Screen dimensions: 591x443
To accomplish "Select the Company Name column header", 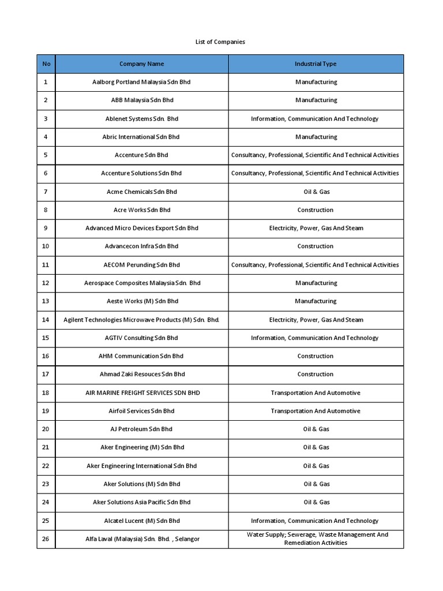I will pyautogui.click(x=141, y=63).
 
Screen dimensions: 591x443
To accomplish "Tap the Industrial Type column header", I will pyautogui.click(x=316, y=63).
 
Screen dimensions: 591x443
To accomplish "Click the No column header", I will pyautogui.click(x=46, y=63).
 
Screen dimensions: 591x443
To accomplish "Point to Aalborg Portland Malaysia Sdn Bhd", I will pyautogui.click(x=141, y=82).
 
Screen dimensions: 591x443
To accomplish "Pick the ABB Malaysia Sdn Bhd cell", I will pyautogui.click(x=141, y=100).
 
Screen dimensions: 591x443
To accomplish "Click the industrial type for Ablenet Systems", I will pyautogui.click(x=315, y=118).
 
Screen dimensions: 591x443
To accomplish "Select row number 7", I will pyautogui.click(x=46, y=192).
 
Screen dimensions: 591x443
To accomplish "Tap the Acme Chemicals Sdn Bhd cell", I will pyautogui.click(x=141, y=192).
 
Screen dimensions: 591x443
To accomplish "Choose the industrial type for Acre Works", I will pyautogui.click(x=316, y=210).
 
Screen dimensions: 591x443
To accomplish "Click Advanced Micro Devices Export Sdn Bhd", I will pyautogui.click(x=141, y=228).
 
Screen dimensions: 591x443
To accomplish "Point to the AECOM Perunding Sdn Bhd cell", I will pyautogui.click(x=141, y=264).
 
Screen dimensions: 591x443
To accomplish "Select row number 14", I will pyautogui.click(x=46, y=319).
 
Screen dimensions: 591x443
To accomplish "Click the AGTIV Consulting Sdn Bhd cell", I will pyautogui.click(x=141, y=338).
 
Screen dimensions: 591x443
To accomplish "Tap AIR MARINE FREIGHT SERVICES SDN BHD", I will pyautogui.click(x=141, y=392).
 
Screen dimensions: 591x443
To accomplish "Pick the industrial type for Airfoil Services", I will pyautogui.click(x=316, y=411).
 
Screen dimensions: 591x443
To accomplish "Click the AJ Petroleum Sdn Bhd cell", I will pyautogui.click(x=141, y=429).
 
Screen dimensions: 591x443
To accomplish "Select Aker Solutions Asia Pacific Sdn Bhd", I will pyautogui.click(x=141, y=502).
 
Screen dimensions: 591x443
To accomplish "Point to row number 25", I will pyautogui.click(x=46, y=521).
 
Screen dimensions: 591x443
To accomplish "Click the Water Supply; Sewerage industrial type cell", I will pyautogui.click(x=316, y=538).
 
